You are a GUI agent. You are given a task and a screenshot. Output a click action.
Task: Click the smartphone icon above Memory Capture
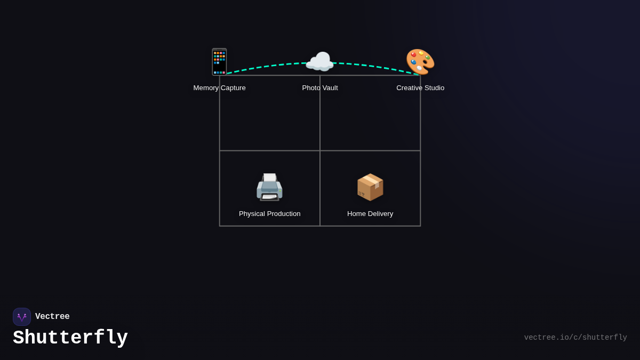click(219, 62)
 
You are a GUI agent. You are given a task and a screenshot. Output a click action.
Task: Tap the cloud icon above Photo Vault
click(319, 61)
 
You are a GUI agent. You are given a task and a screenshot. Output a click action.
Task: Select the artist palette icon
click(420, 62)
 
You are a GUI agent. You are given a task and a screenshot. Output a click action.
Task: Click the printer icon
click(269, 187)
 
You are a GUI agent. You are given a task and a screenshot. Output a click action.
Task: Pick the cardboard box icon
click(370, 187)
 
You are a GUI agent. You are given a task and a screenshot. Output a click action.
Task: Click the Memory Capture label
click(219, 88)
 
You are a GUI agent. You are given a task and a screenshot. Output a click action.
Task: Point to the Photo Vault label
click(320, 88)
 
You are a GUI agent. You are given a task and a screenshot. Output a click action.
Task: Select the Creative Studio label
click(420, 88)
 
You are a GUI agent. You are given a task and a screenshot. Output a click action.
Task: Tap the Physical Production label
click(270, 214)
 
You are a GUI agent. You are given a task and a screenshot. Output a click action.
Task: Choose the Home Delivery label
click(370, 214)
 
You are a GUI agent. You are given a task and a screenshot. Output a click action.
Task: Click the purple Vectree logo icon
click(22, 317)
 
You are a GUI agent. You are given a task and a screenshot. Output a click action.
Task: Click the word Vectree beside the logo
click(52, 316)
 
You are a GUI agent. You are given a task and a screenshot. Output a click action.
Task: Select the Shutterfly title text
click(70, 338)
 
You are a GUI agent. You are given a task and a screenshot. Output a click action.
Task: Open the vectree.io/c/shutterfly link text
click(575, 338)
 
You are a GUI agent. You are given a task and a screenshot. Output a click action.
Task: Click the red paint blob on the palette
click(413, 54)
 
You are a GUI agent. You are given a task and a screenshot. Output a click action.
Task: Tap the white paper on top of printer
click(270, 178)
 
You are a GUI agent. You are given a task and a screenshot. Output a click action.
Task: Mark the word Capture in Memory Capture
click(233, 88)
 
